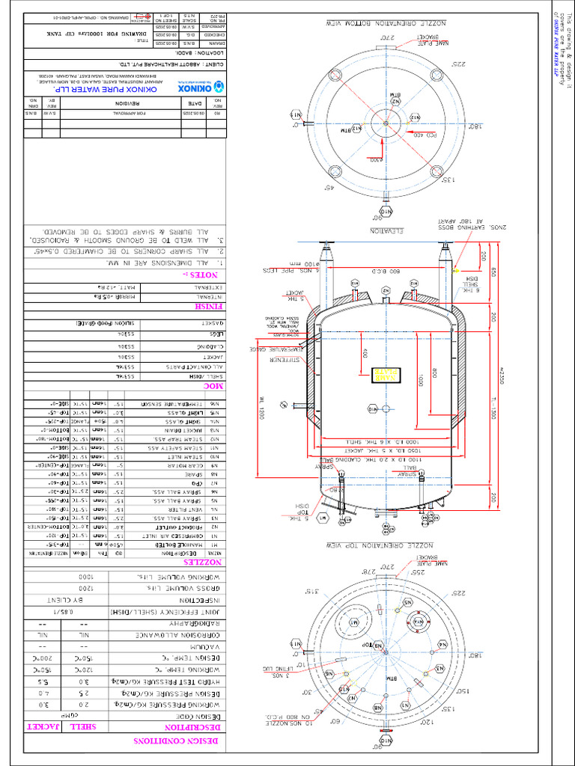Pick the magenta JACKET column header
(x=43, y=726)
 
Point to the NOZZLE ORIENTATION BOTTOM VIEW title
(x=388, y=23)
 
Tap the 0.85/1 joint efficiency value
(x=96, y=612)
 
